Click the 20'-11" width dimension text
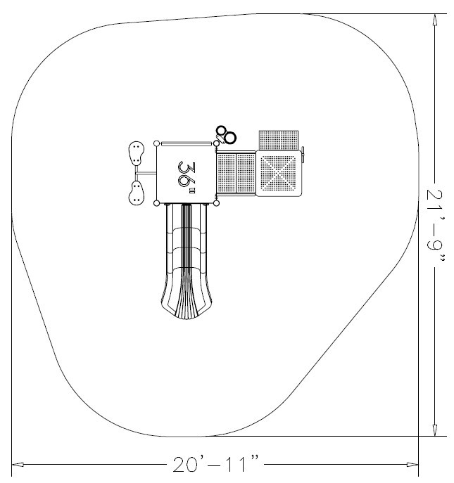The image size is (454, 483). point(216,465)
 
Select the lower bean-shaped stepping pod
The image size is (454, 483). point(135,193)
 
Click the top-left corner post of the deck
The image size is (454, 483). point(156,143)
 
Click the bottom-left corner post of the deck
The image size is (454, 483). point(156,203)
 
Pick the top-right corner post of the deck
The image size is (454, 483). point(217,143)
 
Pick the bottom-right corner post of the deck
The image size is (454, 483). point(217,203)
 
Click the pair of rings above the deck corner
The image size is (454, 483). point(226,134)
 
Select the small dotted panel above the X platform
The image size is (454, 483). point(279,139)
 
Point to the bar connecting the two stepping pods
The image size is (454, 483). point(146,173)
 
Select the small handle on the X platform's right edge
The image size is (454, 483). point(304,154)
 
